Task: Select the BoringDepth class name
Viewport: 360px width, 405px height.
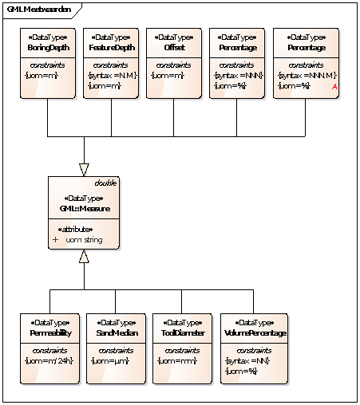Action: pos(47,48)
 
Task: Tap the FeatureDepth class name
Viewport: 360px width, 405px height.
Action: pos(110,48)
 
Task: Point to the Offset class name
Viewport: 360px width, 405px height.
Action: pos(173,48)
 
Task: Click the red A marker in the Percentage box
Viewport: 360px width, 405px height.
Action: pos(334,86)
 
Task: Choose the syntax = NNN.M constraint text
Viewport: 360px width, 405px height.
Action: pos(303,75)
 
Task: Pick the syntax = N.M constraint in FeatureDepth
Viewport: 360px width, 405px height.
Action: pos(111,75)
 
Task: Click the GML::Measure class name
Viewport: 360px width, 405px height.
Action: pos(84,209)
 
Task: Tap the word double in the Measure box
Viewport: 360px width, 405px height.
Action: pos(106,183)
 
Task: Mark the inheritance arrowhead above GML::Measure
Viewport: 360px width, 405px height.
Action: pos(84,169)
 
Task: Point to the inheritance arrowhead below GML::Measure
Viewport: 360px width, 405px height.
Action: pos(84,257)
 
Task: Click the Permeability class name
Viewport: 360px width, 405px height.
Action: pos(49,333)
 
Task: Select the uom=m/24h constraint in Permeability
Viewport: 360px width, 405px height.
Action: pos(49,361)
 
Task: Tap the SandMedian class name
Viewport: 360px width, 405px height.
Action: pos(114,333)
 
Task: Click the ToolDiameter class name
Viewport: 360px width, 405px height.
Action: pos(181,333)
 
